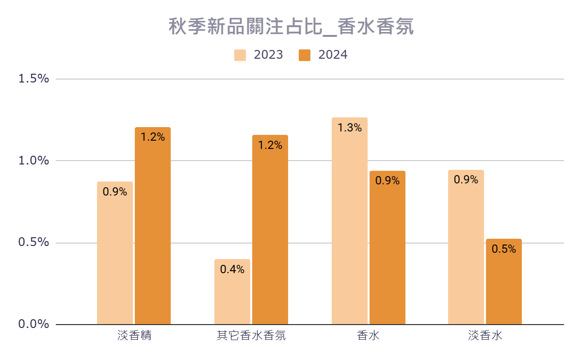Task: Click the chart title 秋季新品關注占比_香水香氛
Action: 291,27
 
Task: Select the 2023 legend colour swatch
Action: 240,55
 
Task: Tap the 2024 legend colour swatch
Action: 305,55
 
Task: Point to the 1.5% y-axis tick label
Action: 33,79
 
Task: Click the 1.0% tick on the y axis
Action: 33,161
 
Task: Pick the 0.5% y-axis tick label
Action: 33,243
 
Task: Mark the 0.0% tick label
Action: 33,324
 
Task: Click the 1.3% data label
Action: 350,128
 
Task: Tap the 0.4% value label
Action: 232,270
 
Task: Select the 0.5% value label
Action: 504,249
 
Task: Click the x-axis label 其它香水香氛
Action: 251,336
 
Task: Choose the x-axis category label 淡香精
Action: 134,336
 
